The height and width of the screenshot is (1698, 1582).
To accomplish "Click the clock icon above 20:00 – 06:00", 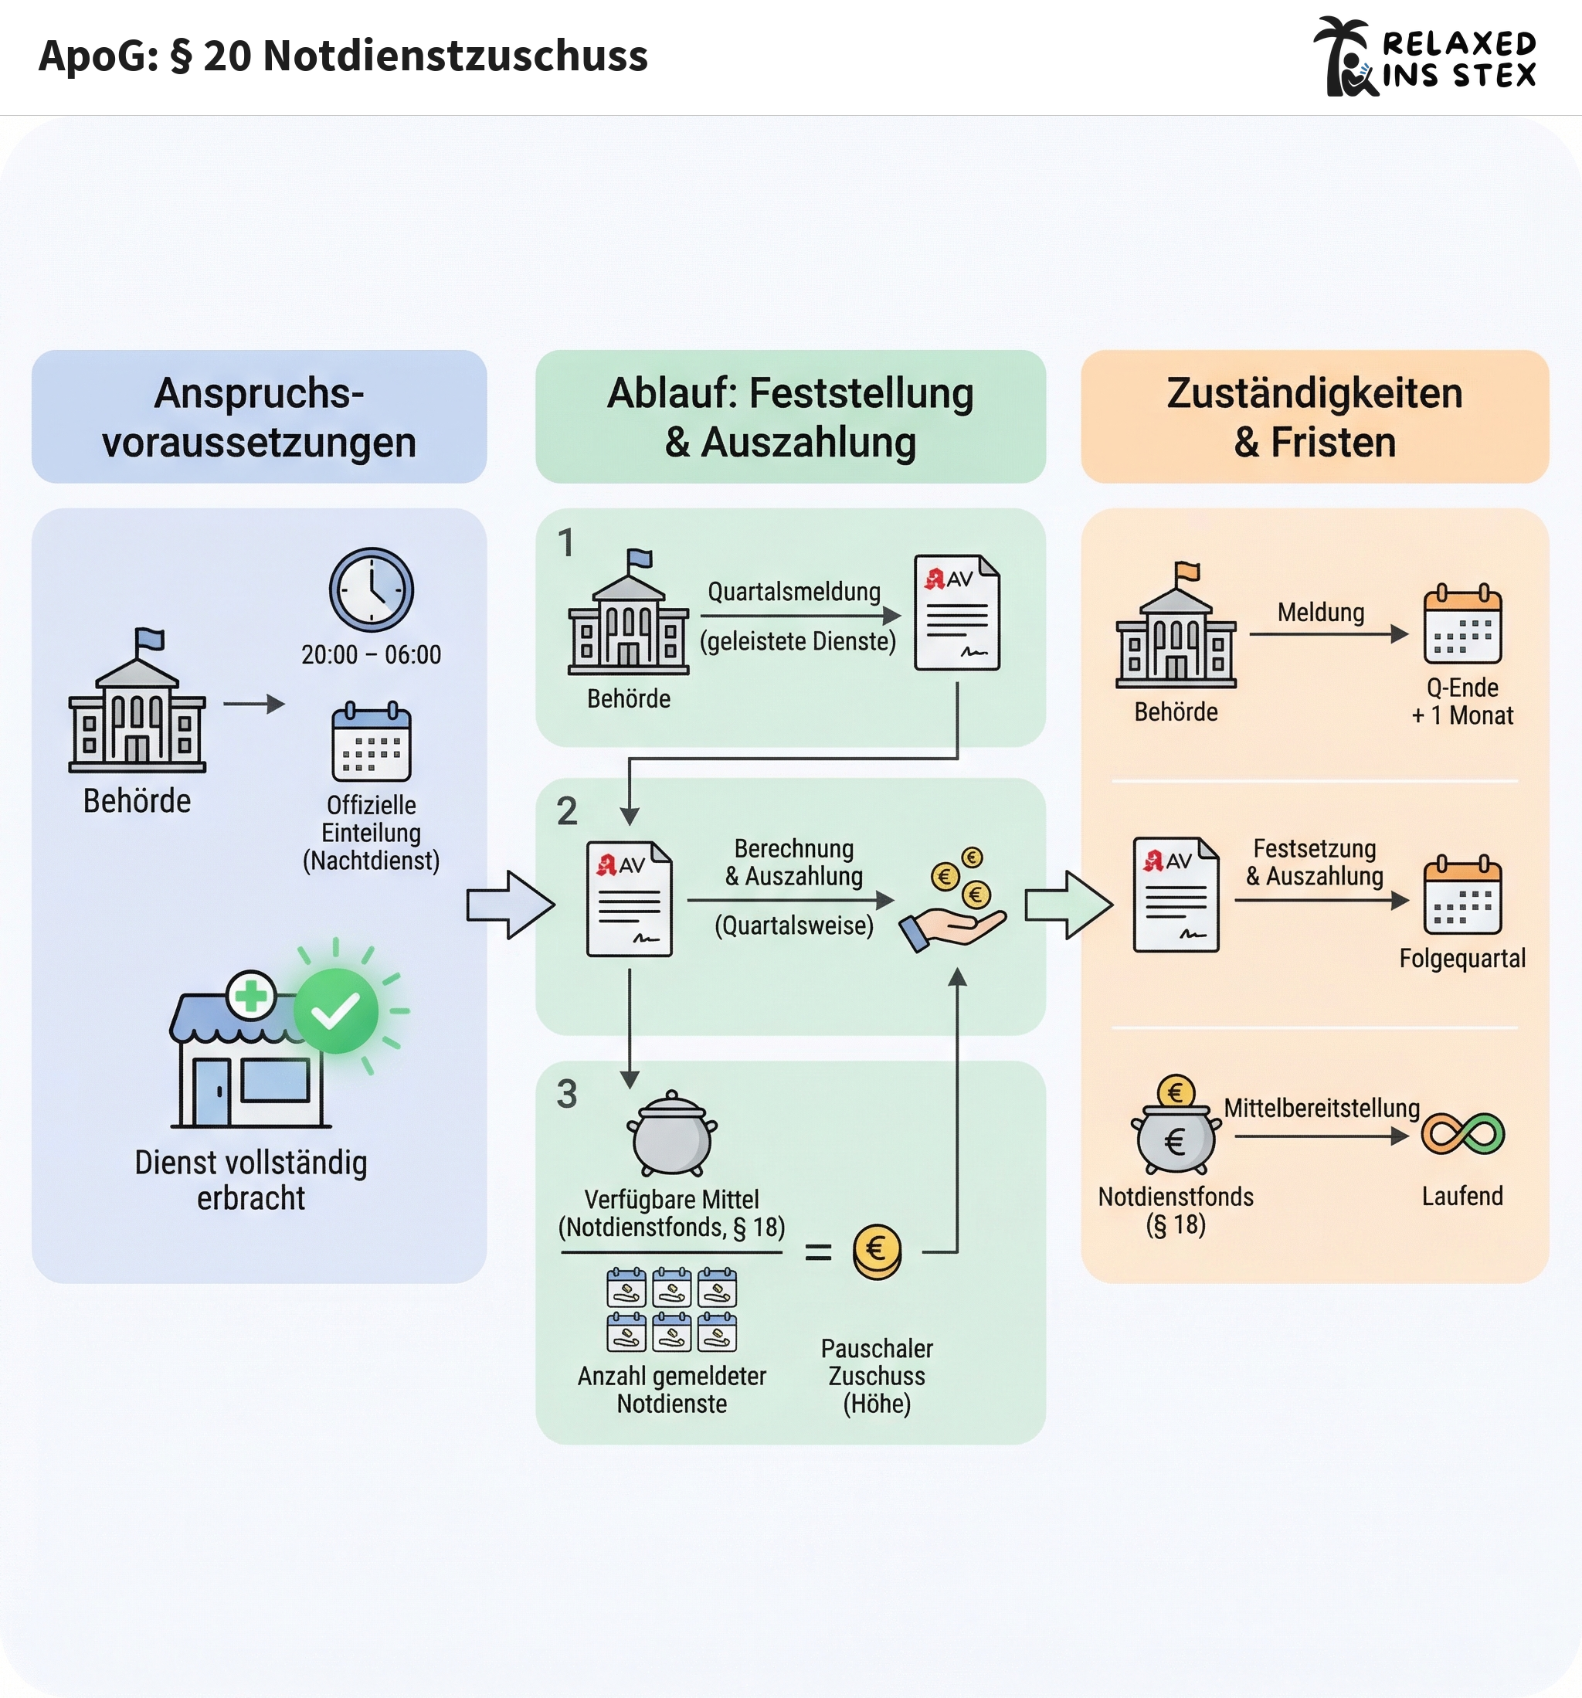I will click(371, 589).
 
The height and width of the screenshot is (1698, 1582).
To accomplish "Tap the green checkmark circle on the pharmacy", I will click(336, 1010).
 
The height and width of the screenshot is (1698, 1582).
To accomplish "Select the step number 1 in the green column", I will click(565, 543).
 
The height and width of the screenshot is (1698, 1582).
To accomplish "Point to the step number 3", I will click(567, 1094).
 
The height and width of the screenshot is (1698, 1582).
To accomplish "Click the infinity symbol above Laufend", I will click(1462, 1134).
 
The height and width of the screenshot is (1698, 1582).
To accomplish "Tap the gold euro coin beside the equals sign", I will click(877, 1251).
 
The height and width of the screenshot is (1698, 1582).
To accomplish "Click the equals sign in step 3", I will click(817, 1252).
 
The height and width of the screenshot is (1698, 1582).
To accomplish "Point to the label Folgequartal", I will click(1461, 959).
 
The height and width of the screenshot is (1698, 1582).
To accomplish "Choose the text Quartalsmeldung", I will click(793, 591).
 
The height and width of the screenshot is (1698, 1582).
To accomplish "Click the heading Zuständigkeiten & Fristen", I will click(1314, 417).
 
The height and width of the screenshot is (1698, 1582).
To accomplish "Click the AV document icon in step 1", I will click(957, 613).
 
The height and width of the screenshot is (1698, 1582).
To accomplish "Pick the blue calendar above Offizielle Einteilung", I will click(371, 742).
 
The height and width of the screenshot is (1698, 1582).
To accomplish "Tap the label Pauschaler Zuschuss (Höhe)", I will click(877, 1376).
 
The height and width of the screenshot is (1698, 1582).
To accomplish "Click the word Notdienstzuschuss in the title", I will click(454, 56).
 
